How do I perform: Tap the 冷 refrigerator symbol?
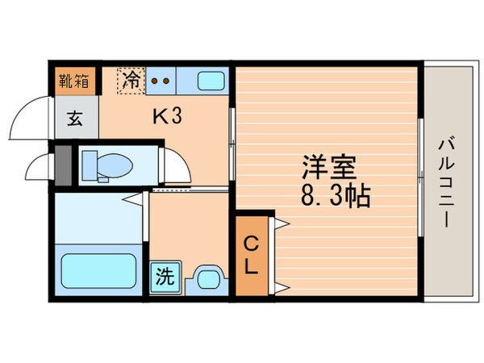pos(130,80)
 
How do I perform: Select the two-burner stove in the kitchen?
pos(159,81)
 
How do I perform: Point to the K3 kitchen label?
pos(168,117)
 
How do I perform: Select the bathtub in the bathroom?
pos(99,271)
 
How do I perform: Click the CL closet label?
pos(252,255)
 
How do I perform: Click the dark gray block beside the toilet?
pos(64,165)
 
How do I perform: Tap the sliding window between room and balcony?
pos(421,177)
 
